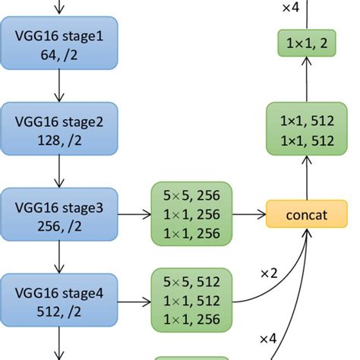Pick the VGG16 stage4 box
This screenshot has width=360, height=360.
tap(60, 300)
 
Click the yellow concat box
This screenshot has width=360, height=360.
tap(306, 214)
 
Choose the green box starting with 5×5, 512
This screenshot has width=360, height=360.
tap(191, 300)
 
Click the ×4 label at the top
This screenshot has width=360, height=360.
tap(290, 8)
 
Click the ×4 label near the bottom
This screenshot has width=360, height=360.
tap(269, 337)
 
